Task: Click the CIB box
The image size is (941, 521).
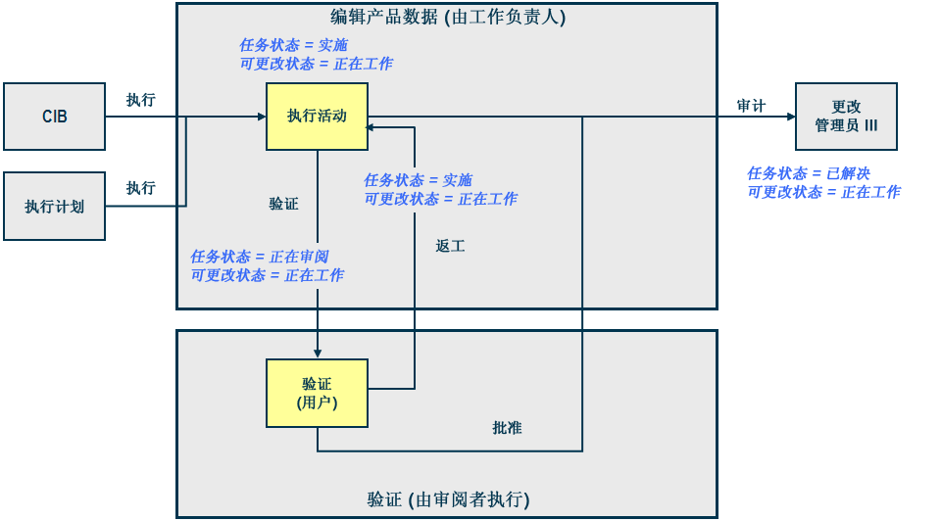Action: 54,117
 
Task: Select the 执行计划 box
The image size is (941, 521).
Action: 54,207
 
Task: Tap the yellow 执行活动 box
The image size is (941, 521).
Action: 317,117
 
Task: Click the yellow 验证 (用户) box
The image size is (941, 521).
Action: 317,393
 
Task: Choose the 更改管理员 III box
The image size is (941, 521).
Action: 846,117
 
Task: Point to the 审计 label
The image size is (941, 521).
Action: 752,106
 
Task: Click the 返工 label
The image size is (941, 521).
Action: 450,247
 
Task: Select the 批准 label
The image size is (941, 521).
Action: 507,429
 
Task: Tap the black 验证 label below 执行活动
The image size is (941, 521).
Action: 284,204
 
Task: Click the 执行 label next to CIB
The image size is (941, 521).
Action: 140,100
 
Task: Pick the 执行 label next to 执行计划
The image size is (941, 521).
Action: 140,188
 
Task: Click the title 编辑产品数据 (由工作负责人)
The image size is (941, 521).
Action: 448,17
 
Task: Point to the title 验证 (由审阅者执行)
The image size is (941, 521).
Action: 448,500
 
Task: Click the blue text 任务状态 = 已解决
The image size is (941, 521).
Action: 808,173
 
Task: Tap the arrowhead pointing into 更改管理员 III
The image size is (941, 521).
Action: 790,117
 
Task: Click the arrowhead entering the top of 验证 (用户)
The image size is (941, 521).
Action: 318,354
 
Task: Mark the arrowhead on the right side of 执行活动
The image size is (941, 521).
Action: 373,125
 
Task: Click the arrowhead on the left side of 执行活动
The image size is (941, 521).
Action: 261,117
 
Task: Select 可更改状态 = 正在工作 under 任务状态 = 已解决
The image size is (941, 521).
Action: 823,192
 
